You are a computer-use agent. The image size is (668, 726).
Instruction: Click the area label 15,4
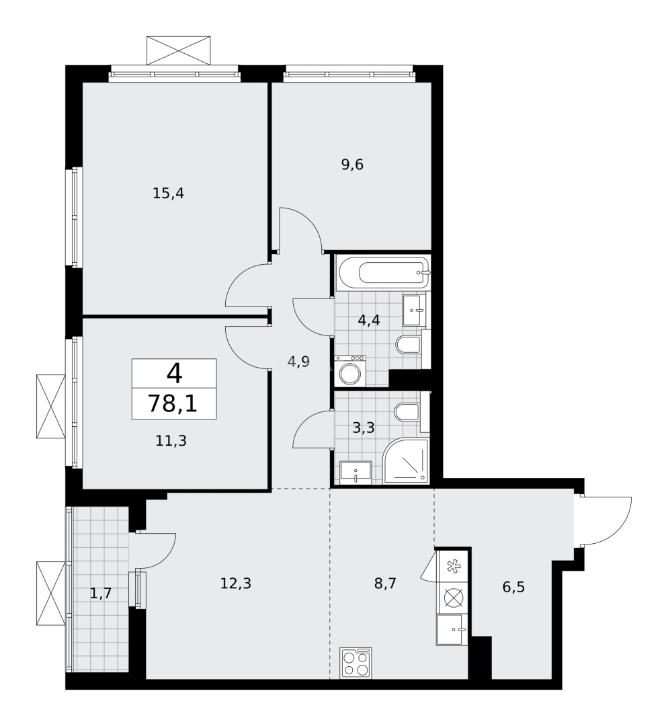[168, 194]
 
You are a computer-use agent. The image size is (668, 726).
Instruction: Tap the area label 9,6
[352, 165]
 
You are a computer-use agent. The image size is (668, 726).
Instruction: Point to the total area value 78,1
[173, 405]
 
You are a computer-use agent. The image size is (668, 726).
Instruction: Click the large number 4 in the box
[173, 372]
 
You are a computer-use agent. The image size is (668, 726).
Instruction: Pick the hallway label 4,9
[298, 362]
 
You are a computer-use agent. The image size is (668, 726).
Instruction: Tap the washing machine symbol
[350, 371]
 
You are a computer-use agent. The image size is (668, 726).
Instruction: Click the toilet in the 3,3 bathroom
[409, 412]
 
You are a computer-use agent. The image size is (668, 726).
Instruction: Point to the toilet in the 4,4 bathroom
[409, 346]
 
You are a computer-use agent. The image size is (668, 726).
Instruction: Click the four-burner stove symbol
[356, 663]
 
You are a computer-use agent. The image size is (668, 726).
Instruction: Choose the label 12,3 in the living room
[235, 583]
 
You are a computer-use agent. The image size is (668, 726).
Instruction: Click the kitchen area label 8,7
[385, 583]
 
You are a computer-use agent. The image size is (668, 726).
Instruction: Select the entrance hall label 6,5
[513, 588]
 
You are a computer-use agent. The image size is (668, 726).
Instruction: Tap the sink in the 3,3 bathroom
[354, 472]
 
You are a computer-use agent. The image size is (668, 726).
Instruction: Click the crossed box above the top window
[180, 50]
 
